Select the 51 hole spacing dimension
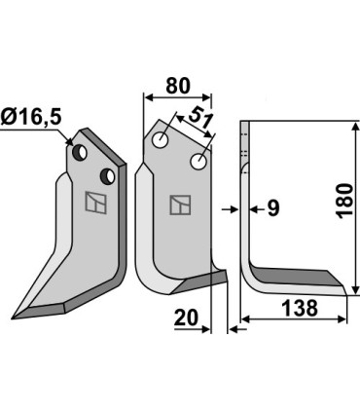[x=201, y=123]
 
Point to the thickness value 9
[x=272, y=207]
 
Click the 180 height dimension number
[x=342, y=202]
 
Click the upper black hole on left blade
[x=84, y=152]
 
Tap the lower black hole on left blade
[x=106, y=175]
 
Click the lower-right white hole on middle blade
[x=199, y=162]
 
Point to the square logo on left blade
[x=95, y=203]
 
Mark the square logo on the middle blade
[x=179, y=205]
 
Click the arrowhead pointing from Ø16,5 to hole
[x=70, y=143]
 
